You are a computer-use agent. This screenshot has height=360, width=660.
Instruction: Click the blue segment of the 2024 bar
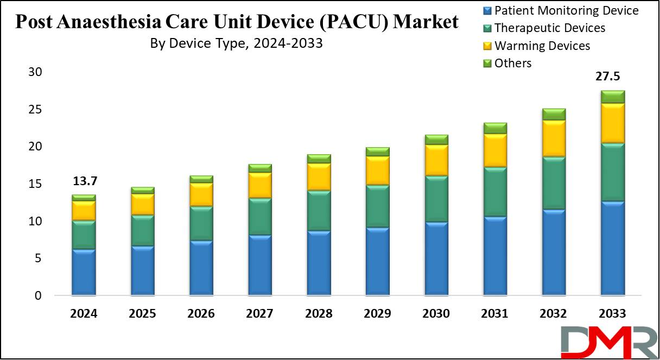pyautogui.click(x=84, y=272)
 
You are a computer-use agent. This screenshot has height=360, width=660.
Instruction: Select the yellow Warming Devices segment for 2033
pyautogui.click(x=612, y=123)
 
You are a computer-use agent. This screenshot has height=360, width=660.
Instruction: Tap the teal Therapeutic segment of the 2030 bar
pyautogui.click(x=436, y=199)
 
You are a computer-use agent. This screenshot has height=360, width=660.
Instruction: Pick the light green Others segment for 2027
pyautogui.click(x=260, y=168)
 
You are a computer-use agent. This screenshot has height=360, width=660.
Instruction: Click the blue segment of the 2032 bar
pyautogui.click(x=554, y=252)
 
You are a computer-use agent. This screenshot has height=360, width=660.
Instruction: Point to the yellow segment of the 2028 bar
pyautogui.click(x=319, y=176)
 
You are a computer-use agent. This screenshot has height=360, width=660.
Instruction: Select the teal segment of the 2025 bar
pyautogui.click(x=142, y=230)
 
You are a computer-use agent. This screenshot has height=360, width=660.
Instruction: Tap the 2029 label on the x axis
pyautogui.click(x=377, y=314)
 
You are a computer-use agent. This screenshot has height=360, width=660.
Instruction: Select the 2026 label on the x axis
pyautogui.click(x=201, y=314)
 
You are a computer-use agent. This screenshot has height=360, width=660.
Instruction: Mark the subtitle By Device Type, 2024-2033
pyautogui.click(x=237, y=43)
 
